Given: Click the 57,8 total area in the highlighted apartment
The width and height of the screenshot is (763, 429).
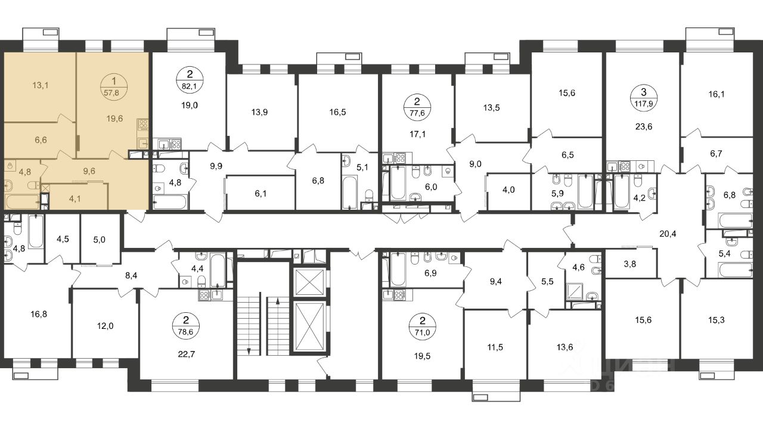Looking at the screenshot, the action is coord(111,93).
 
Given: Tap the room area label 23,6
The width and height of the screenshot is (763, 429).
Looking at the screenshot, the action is coord(643,127).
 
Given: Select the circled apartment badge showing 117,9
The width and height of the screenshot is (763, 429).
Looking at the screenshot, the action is coord(643,97).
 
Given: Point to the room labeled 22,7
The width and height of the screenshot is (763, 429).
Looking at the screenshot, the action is coord(187,355).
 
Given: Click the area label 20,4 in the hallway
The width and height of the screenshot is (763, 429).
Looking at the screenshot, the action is coord(668,234).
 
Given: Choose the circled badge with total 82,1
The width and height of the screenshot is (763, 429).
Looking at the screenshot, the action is coord(190,79).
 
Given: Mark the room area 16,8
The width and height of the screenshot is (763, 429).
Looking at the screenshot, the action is coord(39,314).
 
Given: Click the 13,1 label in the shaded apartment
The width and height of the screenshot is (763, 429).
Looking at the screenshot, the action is coord(40,85).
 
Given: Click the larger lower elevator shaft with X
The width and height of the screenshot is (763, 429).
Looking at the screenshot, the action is coord(309,326).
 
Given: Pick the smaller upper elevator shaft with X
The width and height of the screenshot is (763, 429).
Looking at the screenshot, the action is coord(309,282).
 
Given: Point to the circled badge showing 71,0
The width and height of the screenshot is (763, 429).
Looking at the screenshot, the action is coord(423,326).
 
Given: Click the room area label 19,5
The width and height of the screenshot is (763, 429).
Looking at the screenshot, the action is coord(422,356).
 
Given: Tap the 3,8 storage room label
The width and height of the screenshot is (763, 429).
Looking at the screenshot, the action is coord(630,264).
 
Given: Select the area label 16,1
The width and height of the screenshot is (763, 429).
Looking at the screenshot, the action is coord(717,94).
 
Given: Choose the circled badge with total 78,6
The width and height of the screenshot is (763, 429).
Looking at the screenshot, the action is coord(186,326).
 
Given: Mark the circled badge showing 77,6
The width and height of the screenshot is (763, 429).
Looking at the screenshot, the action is coord(417,107).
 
